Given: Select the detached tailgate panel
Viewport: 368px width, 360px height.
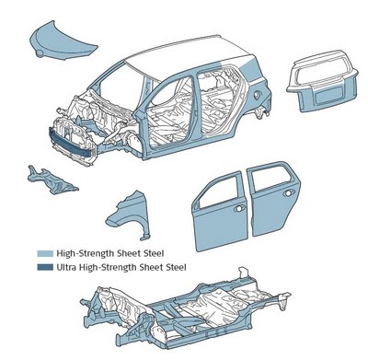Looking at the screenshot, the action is coord(322,81).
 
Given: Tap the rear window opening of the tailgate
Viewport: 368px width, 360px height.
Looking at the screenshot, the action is coord(324,70).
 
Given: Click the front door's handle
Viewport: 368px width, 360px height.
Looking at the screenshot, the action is coord(239,208).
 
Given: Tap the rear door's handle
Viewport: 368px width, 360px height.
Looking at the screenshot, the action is coord(288,193).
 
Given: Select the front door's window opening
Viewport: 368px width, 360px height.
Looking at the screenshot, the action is coord(220,191).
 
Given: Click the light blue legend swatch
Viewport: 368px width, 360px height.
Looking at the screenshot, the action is coord(45,253).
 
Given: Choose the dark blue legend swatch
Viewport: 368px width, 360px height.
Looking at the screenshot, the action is coord(45,267).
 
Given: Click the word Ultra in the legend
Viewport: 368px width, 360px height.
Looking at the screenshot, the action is coord(66,267).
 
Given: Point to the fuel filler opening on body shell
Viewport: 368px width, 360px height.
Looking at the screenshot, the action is coord(258,96).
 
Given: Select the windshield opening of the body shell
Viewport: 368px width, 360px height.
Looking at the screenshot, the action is coord(121,83).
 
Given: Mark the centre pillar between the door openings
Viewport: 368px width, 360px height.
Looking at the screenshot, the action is coord(194,108).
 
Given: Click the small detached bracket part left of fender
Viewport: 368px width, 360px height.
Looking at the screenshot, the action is coord(52,180).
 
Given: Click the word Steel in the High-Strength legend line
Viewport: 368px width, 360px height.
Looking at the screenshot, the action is coord(154,253).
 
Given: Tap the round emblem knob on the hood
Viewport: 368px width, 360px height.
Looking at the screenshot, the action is coord(40,54).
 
